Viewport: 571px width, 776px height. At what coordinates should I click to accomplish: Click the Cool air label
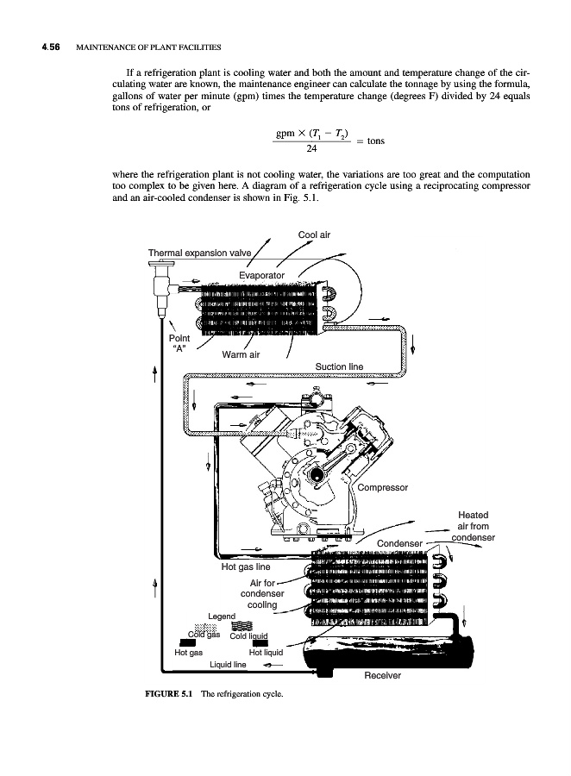314,235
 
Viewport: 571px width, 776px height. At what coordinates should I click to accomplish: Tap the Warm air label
241,354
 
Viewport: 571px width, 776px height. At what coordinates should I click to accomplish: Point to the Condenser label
399,543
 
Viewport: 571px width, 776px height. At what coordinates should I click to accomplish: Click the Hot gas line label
246,567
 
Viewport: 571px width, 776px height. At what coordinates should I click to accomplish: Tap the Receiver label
382,675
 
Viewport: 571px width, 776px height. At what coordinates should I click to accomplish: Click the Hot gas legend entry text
188,653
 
